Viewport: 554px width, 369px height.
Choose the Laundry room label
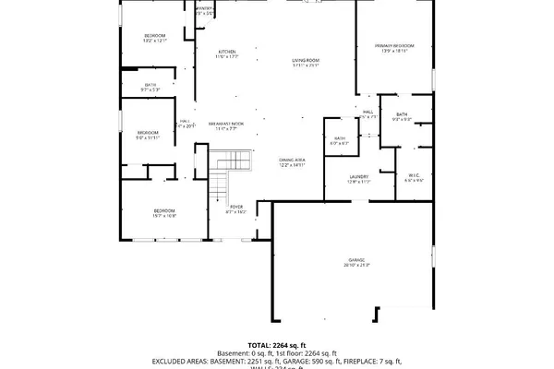[359, 178]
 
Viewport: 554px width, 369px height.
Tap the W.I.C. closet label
[415, 177]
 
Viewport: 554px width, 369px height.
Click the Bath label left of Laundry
[339, 140]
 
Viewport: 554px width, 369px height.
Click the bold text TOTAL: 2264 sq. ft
[277, 343]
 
